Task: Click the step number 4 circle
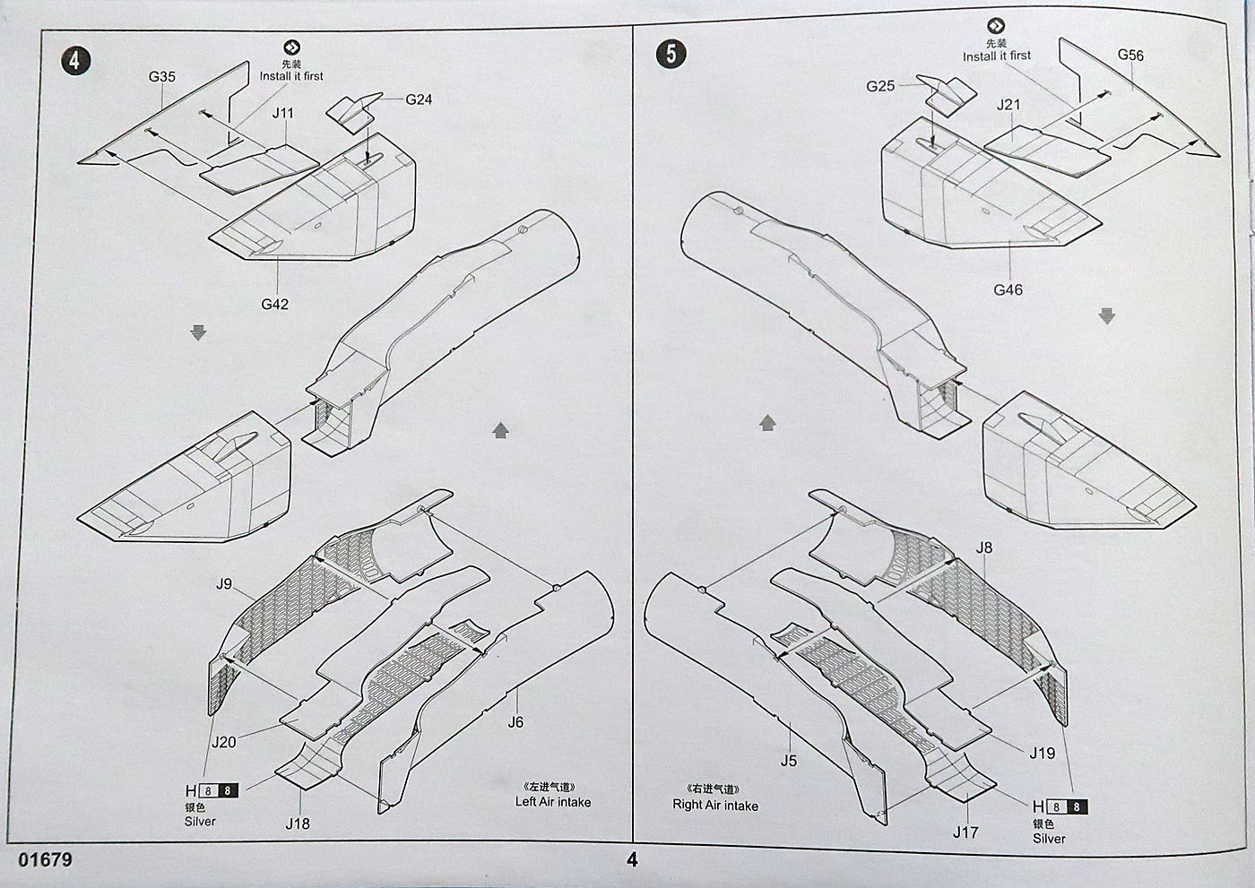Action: [75, 60]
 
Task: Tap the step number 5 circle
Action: [671, 54]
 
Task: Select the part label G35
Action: [162, 77]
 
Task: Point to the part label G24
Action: [419, 99]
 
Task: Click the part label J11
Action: [282, 113]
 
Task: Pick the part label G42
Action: [275, 305]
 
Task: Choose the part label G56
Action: [1130, 56]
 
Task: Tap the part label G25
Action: [880, 86]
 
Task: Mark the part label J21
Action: [1008, 105]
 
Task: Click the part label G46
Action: [1008, 290]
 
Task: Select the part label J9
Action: [224, 584]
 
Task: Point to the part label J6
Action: [515, 722]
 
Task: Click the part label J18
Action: [298, 823]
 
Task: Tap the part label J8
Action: [984, 548]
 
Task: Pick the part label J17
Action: [965, 832]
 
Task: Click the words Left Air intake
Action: [553, 802]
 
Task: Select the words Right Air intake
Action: [715, 805]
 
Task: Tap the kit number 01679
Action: [45, 860]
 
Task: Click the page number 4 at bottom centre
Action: [632, 860]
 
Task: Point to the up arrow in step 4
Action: [500, 431]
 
